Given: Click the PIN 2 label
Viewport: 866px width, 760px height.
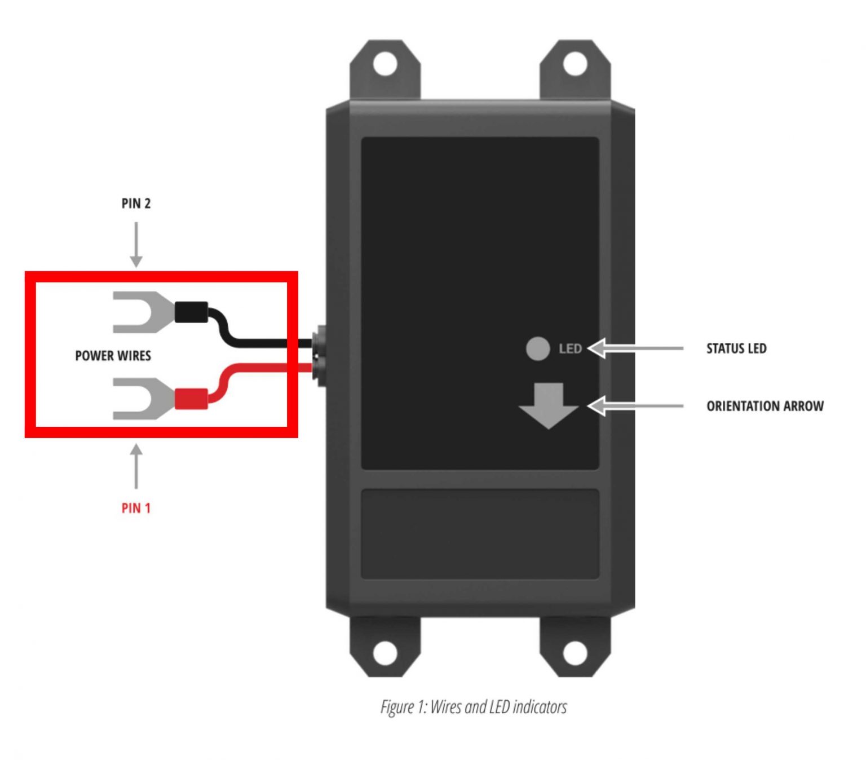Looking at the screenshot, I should [x=136, y=204].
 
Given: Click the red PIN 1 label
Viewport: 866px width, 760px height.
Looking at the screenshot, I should [x=136, y=508].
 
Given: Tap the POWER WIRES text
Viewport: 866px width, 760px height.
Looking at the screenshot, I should [x=113, y=356].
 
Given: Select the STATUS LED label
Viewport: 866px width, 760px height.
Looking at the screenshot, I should [x=736, y=348].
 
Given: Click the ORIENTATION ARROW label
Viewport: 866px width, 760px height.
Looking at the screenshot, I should [x=765, y=406].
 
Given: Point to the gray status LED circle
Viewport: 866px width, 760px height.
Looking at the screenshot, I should [x=537, y=348].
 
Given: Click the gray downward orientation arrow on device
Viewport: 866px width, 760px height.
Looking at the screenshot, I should [x=548, y=405].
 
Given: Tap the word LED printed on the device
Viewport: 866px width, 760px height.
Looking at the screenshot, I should [x=570, y=349].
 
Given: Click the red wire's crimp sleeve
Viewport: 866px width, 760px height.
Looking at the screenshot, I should [x=191, y=398].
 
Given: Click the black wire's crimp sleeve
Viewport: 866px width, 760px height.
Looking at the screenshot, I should [x=191, y=312].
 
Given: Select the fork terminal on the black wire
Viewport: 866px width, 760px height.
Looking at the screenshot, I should [x=141, y=312].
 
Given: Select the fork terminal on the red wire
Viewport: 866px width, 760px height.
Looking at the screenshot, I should [x=141, y=399].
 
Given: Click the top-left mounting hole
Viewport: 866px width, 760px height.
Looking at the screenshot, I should [x=385, y=64].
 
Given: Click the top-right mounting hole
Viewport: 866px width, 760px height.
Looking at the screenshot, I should [x=575, y=64].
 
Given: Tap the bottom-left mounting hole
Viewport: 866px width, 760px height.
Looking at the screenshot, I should [x=385, y=653].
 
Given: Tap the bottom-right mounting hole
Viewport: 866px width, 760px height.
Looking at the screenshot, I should [x=575, y=653].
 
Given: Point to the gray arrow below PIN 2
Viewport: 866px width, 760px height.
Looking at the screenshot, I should [x=136, y=244].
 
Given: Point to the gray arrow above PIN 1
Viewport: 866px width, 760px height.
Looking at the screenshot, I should [x=136, y=466].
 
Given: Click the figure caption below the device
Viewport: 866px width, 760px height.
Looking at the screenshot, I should [x=474, y=707].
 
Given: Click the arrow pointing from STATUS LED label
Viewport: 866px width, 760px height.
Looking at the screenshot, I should [x=635, y=348].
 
